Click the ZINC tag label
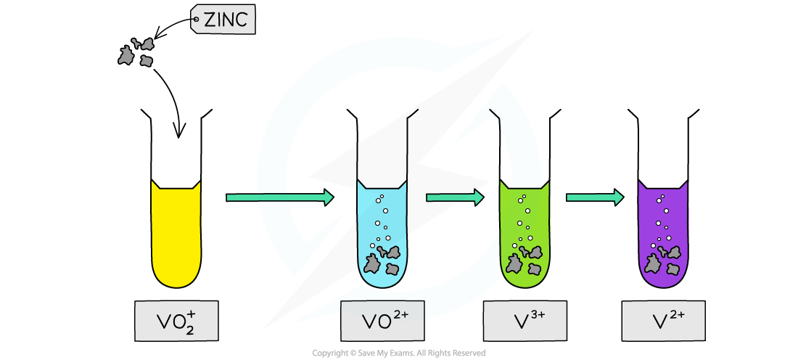pyautogui.click(x=223, y=20)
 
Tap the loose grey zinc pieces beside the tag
pyautogui.click(x=136, y=52)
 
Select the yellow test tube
pyautogui.click(x=176, y=236)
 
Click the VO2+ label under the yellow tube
pyautogui.click(x=176, y=321)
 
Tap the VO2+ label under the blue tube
pyautogui.click(x=382, y=320)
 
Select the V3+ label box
pyautogui.click(x=525, y=320)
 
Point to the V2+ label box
pyautogui.click(x=663, y=320)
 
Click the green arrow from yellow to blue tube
pyautogui.click(x=280, y=197)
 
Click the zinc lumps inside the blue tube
pyautogui.click(x=383, y=261)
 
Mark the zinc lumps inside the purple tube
pyautogui.click(x=663, y=261)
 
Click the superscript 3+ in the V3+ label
pyautogui.click(x=538, y=314)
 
